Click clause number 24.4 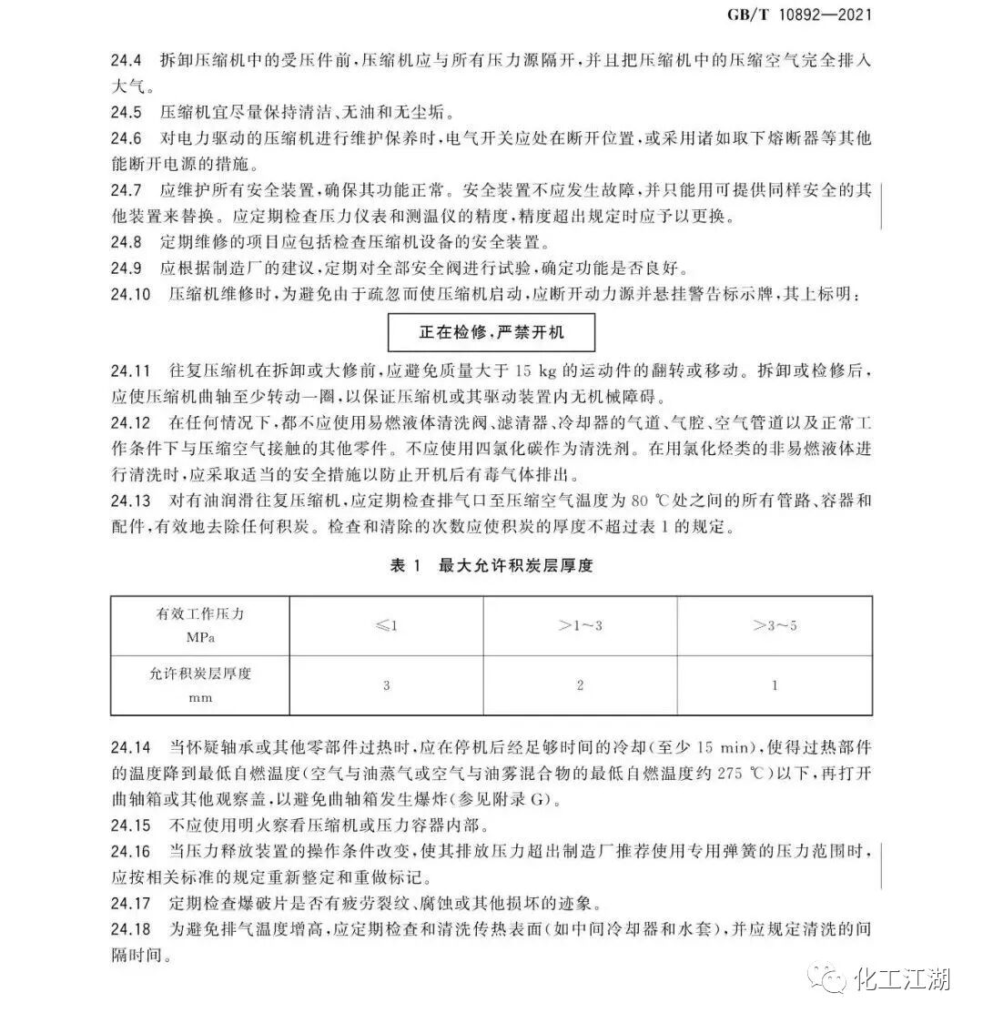tap(127, 62)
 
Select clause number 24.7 tap(127, 191)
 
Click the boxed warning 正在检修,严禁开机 tap(491, 332)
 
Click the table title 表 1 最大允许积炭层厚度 tap(491, 566)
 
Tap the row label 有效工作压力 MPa tap(200, 625)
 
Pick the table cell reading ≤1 tap(387, 626)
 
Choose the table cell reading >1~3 tap(580, 626)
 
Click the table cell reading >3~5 tap(775, 626)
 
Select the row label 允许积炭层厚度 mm tap(200, 684)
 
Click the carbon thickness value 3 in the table tap(387, 685)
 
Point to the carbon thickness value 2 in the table tap(580, 685)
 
